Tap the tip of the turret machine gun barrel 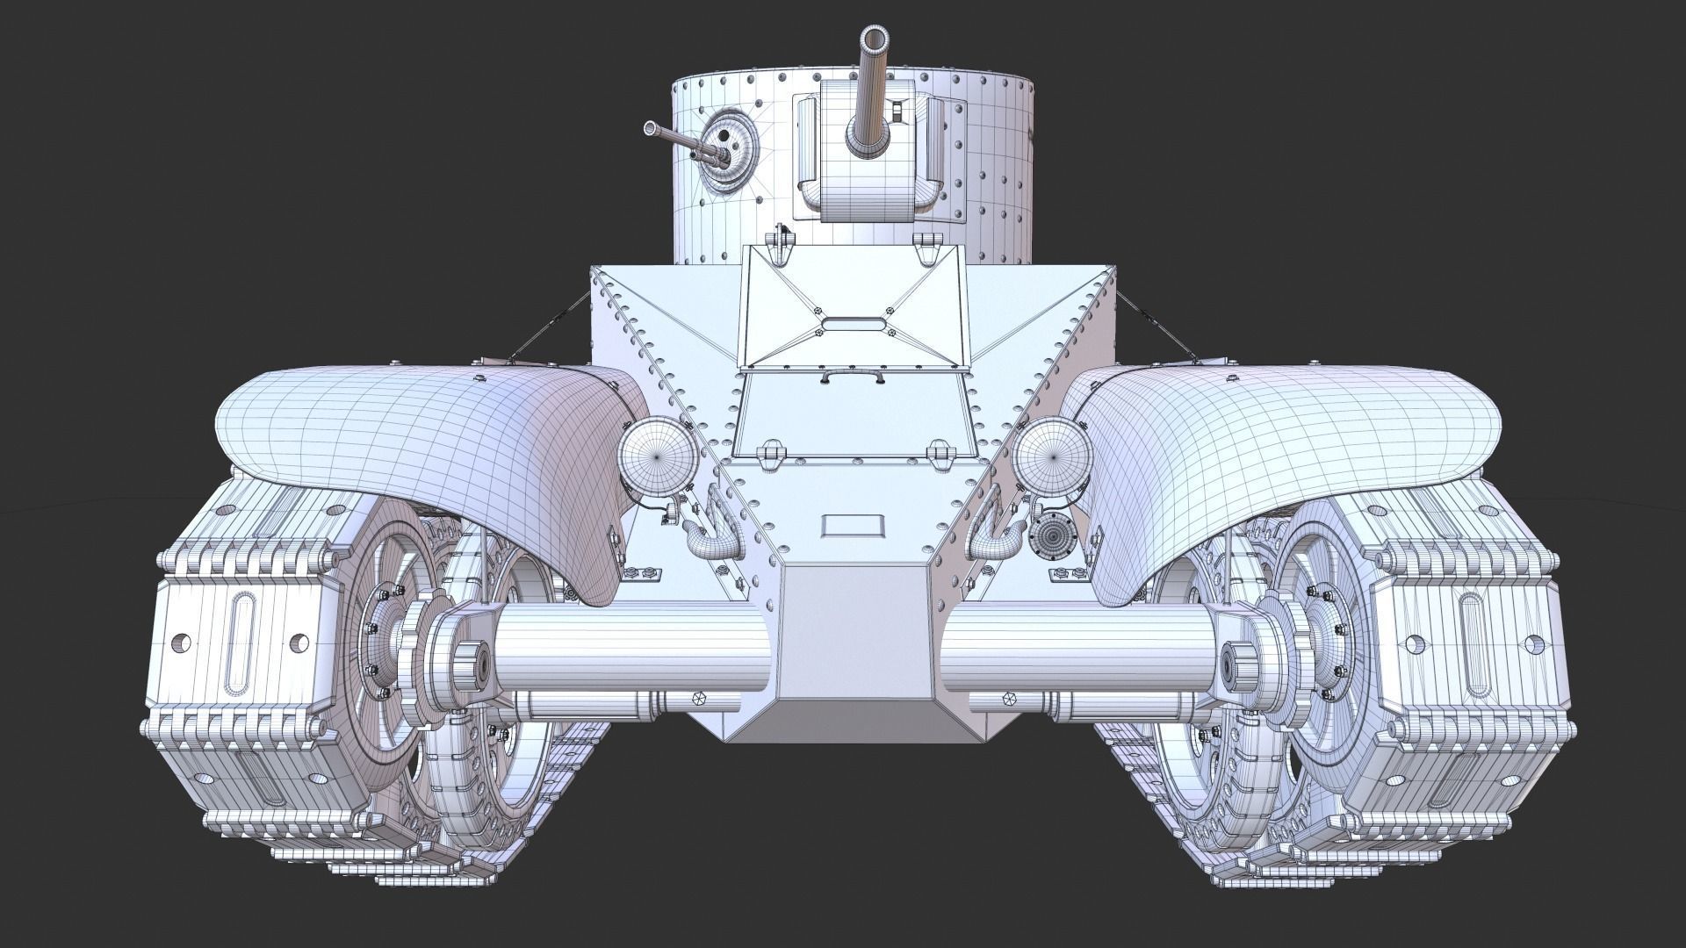click(x=650, y=128)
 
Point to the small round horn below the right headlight click(x=1050, y=534)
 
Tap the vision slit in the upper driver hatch click(x=853, y=324)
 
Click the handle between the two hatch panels click(x=852, y=377)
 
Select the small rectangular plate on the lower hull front click(x=852, y=527)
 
